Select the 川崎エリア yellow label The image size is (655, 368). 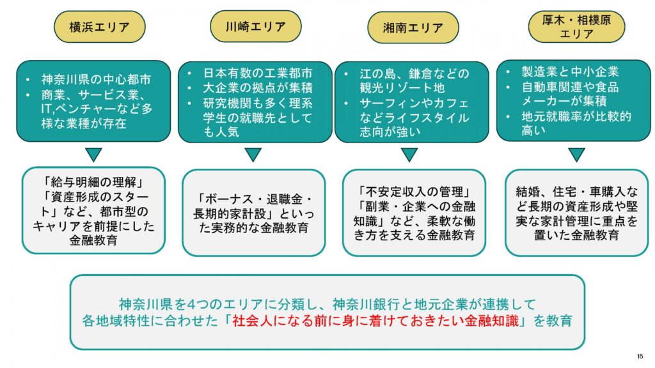pos(256,27)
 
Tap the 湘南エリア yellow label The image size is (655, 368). pos(413,28)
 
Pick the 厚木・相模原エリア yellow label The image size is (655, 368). pos(576,27)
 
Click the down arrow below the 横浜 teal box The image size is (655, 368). pos(93,154)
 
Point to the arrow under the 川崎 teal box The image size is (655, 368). pos(253,155)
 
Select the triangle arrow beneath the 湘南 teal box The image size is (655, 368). pos(409,155)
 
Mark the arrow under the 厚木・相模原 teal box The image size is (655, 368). pos(576,154)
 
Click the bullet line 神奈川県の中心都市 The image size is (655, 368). pos(96,80)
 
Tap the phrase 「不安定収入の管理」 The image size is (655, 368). pos(413,191)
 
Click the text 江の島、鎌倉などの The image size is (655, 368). pos(414,73)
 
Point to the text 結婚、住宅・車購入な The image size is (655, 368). pos(576,191)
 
